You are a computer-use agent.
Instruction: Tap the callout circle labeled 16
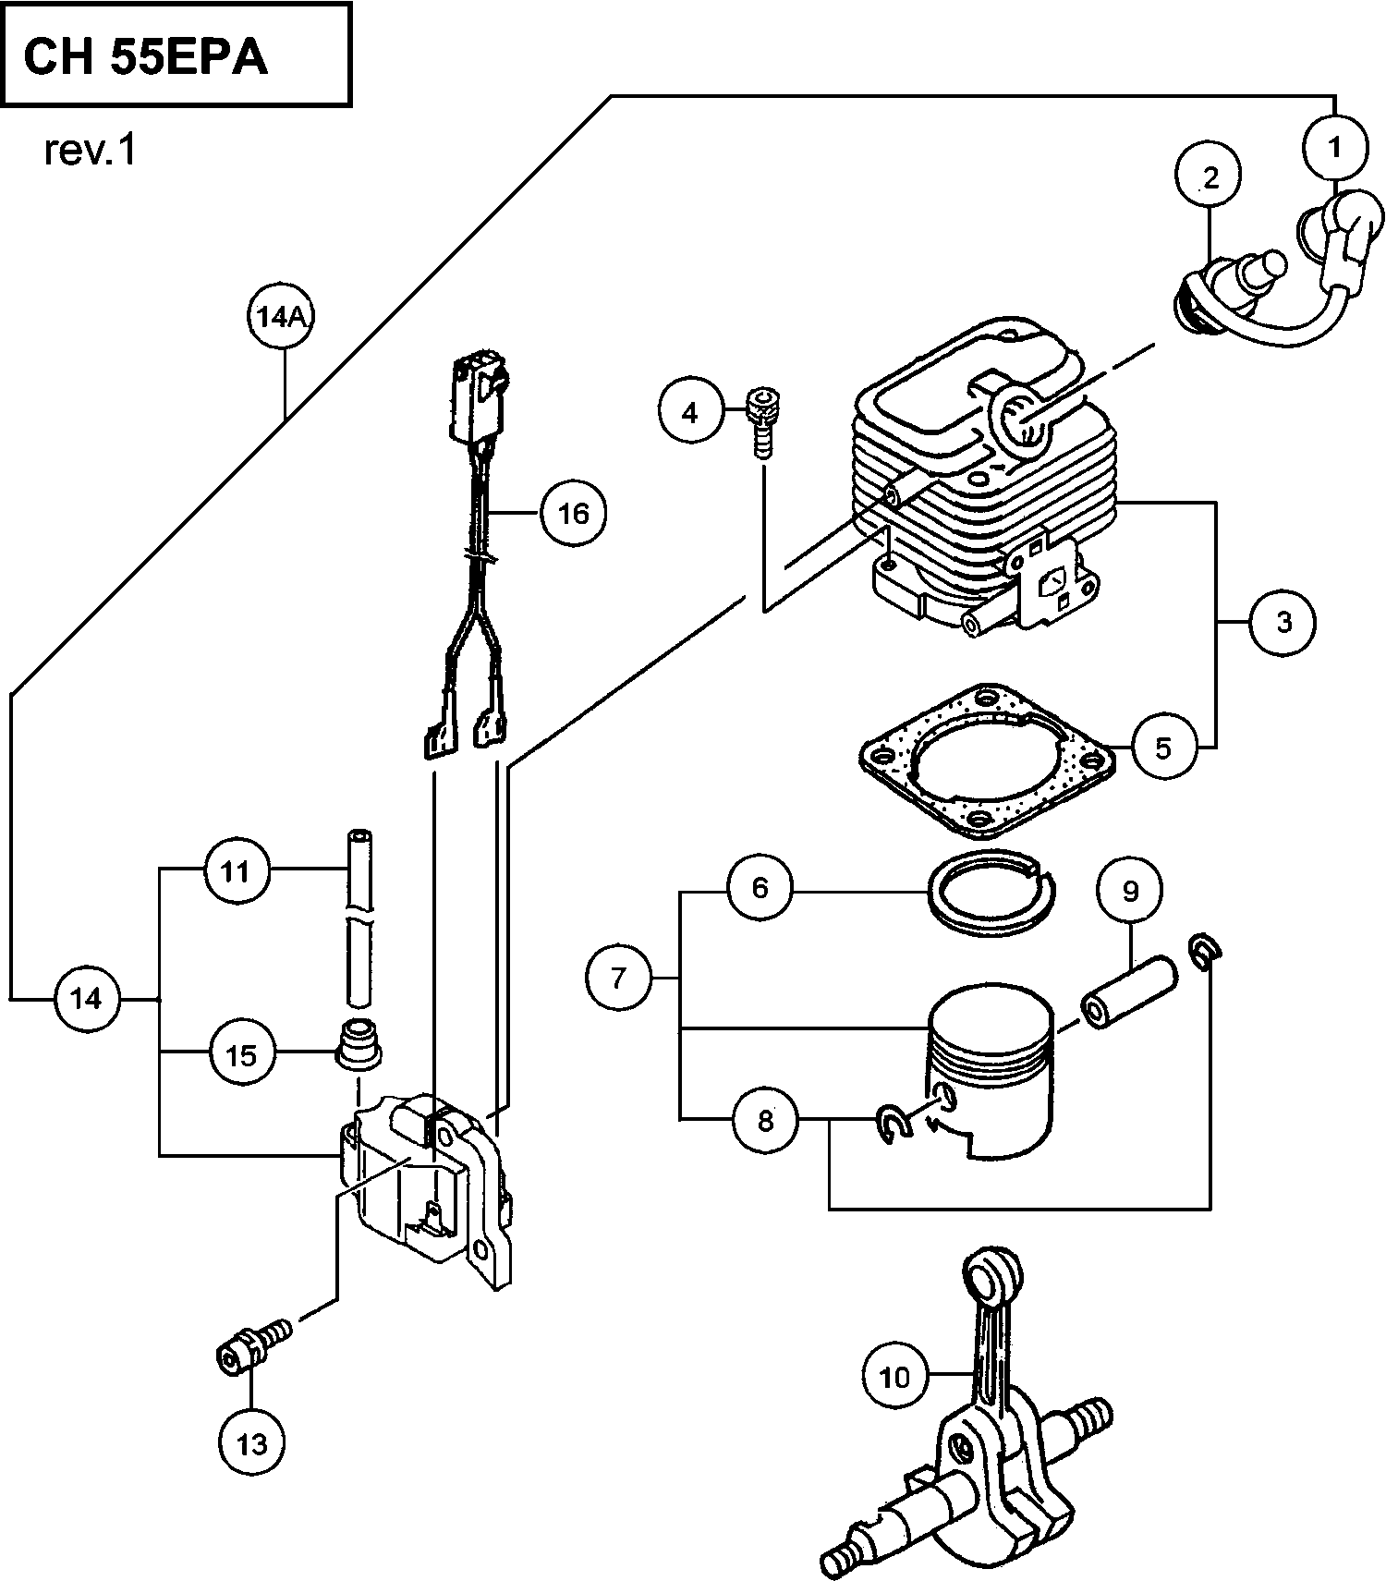(573, 513)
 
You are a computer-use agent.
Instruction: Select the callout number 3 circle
(1283, 622)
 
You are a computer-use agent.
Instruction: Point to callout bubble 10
(894, 1377)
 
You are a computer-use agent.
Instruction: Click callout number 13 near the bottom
(251, 1442)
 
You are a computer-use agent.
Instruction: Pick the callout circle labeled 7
(618, 977)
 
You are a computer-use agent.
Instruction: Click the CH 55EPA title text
(145, 57)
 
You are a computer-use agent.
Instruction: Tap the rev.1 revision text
(90, 151)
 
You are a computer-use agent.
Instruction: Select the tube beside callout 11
(359, 919)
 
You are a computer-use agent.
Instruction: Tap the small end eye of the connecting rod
(992, 1275)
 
